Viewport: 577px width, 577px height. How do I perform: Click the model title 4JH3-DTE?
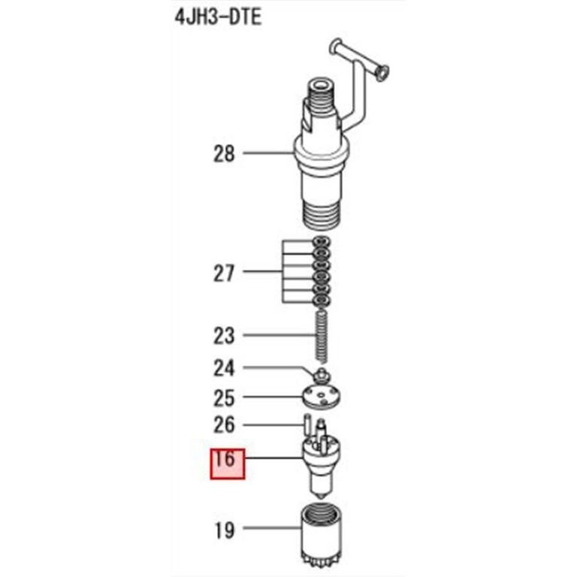[x=217, y=18]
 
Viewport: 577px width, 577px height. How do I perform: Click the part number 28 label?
[x=224, y=154]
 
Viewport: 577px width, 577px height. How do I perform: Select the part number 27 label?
[x=224, y=273]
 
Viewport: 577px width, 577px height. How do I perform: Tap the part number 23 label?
[x=224, y=335]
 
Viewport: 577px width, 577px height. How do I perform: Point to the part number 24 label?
[x=224, y=368]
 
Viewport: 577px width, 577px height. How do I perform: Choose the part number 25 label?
[x=224, y=397]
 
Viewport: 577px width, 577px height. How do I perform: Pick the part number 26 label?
[x=224, y=426]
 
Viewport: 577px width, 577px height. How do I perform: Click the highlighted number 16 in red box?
[x=227, y=460]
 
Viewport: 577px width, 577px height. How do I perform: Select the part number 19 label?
[x=224, y=530]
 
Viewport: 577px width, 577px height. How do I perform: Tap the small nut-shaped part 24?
[x=322, y=373]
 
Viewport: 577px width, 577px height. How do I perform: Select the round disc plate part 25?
[x=322, y=396]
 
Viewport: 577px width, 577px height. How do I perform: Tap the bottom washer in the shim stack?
[x=321, y=301]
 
